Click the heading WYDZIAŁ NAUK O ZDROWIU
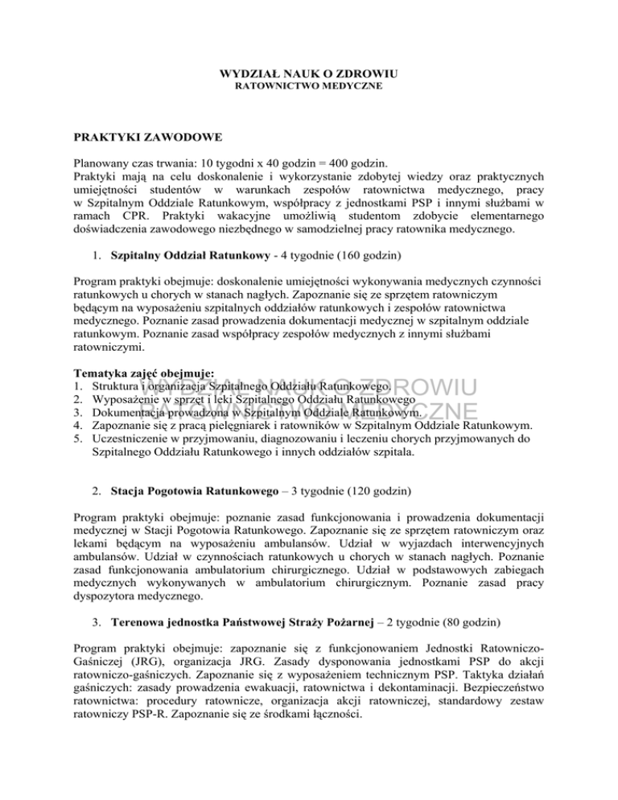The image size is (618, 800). pos(308,74)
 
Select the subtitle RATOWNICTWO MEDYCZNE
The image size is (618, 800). pos(308,85)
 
